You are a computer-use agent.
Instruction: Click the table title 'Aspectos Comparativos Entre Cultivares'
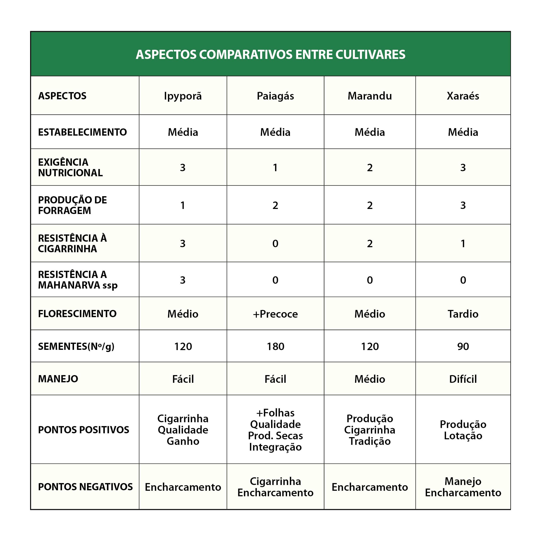[x=270, y=55]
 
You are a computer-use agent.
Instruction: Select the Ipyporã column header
[x=183, y=96]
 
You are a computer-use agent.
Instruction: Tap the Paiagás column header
[x=275, y=96]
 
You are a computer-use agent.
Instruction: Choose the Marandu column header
[x=370, y=96]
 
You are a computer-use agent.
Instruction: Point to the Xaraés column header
[x=463, y=96]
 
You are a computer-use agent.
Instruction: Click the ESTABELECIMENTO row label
[x=82, y=132]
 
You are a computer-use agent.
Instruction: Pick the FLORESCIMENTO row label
[x=77, y=314]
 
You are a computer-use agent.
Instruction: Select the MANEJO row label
[x=58, y=379]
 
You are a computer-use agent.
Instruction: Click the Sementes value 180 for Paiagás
[x=275, y=347]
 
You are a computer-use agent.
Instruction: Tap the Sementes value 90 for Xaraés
[x=463, y=347]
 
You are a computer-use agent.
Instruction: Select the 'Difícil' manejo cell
[x=463, y=379]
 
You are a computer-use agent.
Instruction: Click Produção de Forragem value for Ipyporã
[x=182, y=206]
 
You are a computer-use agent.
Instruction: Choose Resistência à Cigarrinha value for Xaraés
[x=463, y=244]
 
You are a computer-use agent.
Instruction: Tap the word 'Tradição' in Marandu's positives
[x=370, y=441]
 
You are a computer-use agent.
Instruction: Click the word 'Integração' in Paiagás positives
[x=275, y=447]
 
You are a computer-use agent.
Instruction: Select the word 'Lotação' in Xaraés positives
[x=463, y=436]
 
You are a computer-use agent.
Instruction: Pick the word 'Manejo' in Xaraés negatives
[x=463, y=481]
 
